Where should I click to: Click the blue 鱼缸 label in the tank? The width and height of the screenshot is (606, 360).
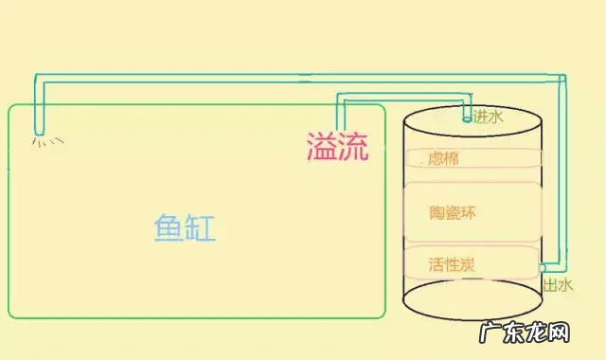pyautogui.click(x=185, y=228)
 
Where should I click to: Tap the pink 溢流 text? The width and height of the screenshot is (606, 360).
pyautogui.click(x=337, y=146)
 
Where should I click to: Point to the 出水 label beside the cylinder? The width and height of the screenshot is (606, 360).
pyautogui.click(x=557, y=283)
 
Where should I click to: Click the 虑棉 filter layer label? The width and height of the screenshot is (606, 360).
pyautogui.click(x=443, y=159)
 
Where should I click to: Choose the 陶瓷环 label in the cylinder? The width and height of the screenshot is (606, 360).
pyautogui.click(x=452, y=212)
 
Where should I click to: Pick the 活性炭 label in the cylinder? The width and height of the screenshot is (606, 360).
pyautogui.click(x=451, y=263)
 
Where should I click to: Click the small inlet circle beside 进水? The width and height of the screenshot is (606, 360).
pyautogui.click(x=466, y=119)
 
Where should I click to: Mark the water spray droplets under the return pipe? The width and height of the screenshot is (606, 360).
pyautogui.click(x=48, y=142)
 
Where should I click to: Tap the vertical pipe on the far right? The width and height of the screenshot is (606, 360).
pyautogui.click(x=562, y=171)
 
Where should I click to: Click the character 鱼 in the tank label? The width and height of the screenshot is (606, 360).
pyautogui.click(x=169, y=228)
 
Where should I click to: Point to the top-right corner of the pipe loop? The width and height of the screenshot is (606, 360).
pyautogui.click(x=562, y=78)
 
